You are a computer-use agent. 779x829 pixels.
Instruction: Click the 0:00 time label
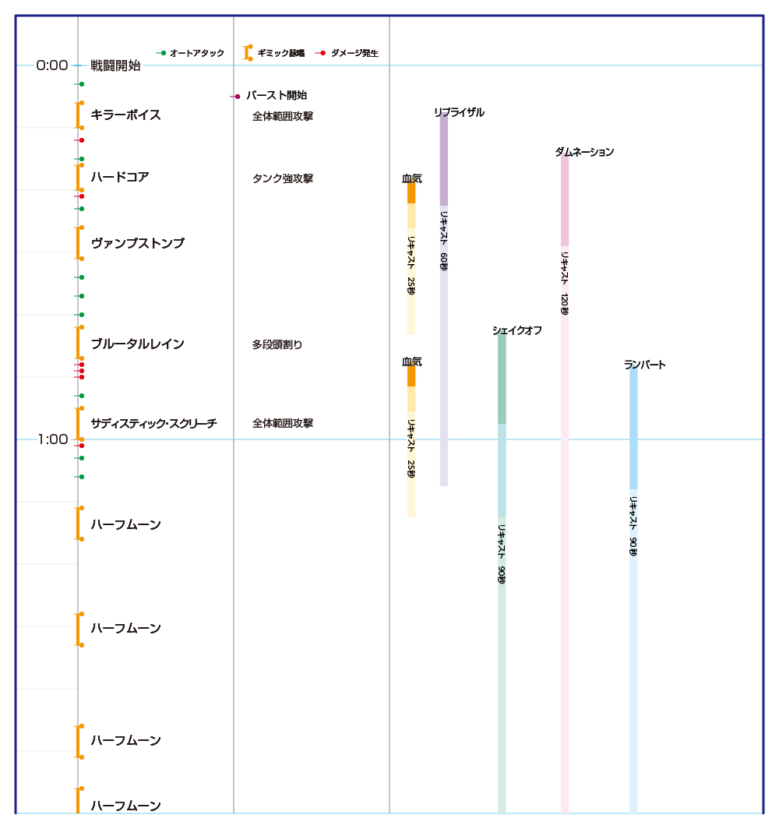click(x=52, y=65)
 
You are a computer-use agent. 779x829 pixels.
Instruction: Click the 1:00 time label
click(x=52, y=439)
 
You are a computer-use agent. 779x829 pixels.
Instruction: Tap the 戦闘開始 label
click(x=115, y=65)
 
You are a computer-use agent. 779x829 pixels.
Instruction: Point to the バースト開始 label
click(x=276, y=96)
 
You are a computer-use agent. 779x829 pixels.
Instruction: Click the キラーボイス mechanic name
click(x=125, y=115)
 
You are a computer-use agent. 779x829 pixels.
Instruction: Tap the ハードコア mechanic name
click(x=119, y=178)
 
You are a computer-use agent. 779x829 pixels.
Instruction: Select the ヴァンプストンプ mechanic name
click(x=138, y=243)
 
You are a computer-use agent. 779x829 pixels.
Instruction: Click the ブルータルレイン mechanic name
click(x=137, y=344)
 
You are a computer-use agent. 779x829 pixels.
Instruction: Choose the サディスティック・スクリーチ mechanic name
click(x=153, y=424)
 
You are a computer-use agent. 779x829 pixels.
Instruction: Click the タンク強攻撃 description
click(x=282, y=178)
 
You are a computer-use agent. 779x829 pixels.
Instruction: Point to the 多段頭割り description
click(x=277, y=344)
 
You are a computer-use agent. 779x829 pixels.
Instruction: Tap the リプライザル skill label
click(x=459, y=113)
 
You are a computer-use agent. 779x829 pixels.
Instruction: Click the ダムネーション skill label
click(x=584, y=153)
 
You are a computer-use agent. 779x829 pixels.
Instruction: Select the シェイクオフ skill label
click(x=516, y=330)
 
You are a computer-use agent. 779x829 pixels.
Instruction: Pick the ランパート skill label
click(x=644, y=365)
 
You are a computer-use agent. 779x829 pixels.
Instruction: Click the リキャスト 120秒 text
click(x=565, y=282)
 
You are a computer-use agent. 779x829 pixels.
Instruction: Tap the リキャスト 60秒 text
click(x=444, y=240)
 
